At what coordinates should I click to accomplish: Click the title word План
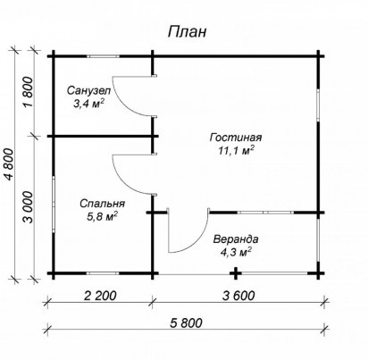(187, 31)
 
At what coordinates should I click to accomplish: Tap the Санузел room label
(88, 90)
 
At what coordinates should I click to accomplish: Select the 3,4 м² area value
(88, 104)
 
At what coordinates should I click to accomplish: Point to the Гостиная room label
(236, 138)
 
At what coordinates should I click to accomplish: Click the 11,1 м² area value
(236, 151)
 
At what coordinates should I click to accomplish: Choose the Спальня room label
(102, 204)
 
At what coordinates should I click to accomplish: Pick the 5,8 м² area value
(102, 216)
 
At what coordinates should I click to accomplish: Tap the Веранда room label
(236, 239)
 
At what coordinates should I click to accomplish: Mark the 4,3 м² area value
(236, 253)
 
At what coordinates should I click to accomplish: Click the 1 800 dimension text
(28, 92)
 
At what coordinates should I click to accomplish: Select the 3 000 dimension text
(28, 207)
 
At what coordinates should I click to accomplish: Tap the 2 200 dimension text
(100, 296)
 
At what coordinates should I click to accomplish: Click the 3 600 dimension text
(238, 296)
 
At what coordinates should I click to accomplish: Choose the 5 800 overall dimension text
(186, 322)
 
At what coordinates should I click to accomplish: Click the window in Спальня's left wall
(54, 204)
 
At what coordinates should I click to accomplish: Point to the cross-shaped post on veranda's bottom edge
(236, 273)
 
